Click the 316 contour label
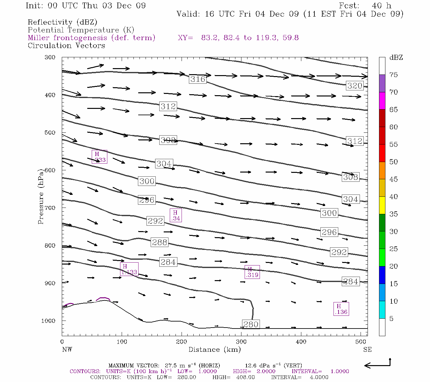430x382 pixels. click(197, 79)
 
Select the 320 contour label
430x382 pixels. click(355, 86)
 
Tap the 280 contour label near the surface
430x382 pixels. click(251, 324)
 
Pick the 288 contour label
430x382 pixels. click(159, 242)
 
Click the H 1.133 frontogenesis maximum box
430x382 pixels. click(129, 269)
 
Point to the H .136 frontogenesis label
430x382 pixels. click(341, 309)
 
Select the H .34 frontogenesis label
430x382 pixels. click(176, 216)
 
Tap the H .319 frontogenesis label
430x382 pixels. click(252, 272)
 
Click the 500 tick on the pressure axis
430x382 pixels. click(50, 133)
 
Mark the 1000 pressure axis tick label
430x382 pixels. click(48, 321)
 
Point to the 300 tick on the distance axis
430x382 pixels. click(241, 342)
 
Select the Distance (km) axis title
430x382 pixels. click(214, 350)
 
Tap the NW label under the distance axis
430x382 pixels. click(67, 350)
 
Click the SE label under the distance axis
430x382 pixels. click(367, 350)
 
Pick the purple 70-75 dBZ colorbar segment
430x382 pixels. click(382, 83)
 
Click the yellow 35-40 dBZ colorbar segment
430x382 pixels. click(382, 205)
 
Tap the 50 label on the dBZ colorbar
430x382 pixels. click(394, 162)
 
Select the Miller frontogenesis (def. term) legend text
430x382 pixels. click(91, 38)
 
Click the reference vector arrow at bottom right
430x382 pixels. click(377, 365)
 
